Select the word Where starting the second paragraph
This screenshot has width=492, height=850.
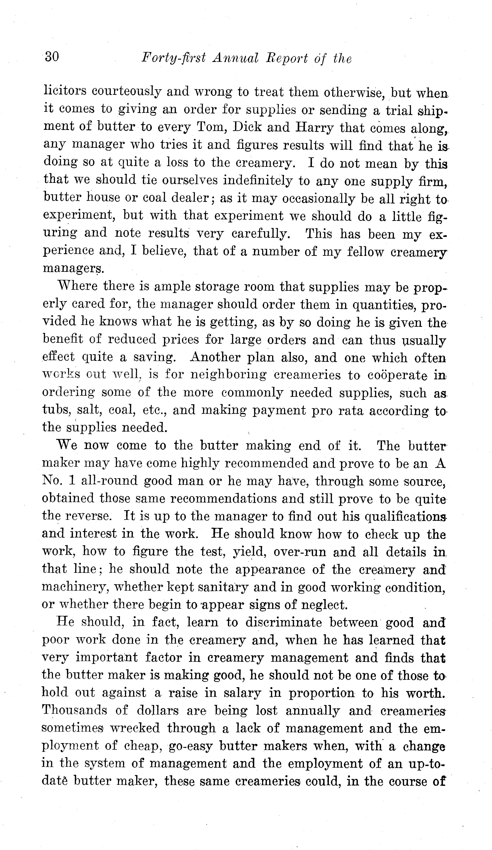[x=77, y=286]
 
